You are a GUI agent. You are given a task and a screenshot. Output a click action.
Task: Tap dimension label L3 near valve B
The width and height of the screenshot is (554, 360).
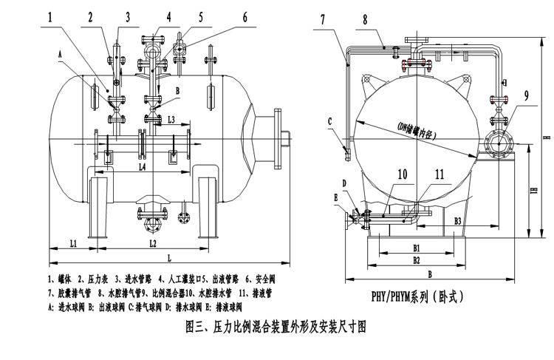[171, 119]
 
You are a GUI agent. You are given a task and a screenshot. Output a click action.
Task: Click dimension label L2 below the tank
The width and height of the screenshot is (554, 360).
[152, 242]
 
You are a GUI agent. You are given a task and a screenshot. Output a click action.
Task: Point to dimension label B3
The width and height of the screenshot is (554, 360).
[458, 220]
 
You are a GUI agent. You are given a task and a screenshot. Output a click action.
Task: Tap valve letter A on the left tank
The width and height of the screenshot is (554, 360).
[58, 52]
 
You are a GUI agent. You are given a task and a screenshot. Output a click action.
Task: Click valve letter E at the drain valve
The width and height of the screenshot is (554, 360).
[336, 197]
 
